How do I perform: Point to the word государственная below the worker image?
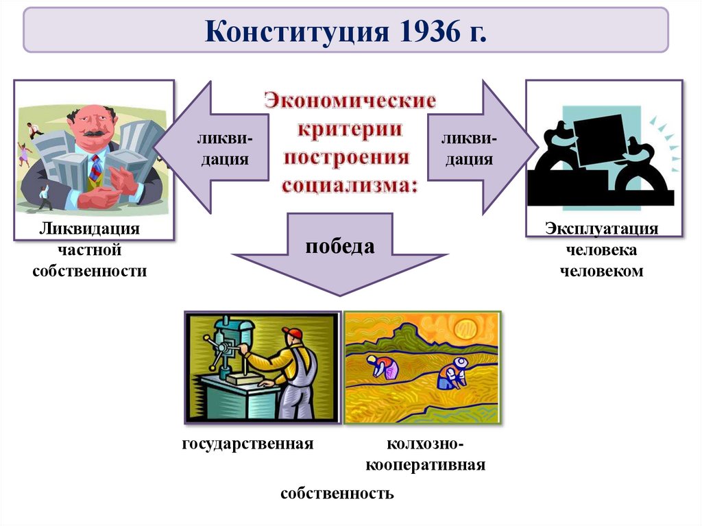247,444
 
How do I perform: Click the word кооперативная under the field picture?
426,465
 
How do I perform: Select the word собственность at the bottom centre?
337,493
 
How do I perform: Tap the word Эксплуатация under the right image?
602,228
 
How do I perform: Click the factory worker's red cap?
292,333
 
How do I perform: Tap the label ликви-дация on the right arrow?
470,150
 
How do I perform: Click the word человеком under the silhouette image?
602,271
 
